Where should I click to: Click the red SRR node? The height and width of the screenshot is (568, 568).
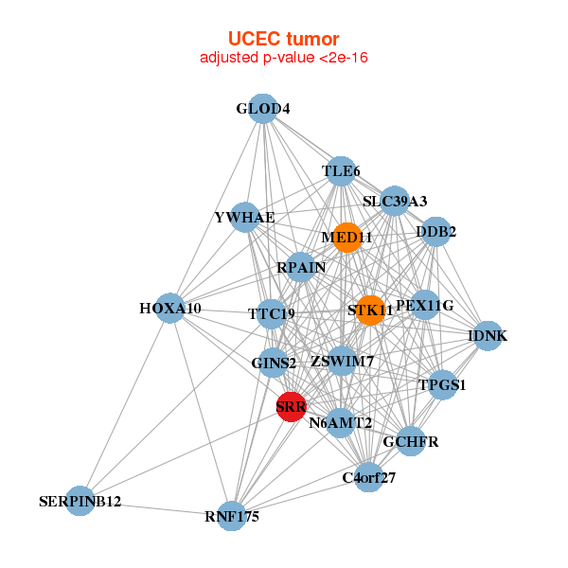click(291, 407)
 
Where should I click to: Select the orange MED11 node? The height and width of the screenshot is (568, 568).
click(347, 237)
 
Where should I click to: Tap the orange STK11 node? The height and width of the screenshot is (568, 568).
click(370, 310)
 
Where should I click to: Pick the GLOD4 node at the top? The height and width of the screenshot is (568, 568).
click(263, 109)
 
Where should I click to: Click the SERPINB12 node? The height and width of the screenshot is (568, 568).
click(80, 501)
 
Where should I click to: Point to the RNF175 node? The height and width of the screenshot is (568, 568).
click(231, 516)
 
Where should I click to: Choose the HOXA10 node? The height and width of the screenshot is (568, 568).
click(170, 309)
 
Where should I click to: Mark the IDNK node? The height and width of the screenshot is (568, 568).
click(488, 336)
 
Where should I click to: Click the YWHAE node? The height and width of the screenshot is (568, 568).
click(245, 218)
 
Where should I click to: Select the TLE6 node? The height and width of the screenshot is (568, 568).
click(341, 171)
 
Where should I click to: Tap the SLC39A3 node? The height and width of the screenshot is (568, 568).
click(395, 201)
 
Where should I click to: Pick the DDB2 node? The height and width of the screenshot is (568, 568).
click(435, 231)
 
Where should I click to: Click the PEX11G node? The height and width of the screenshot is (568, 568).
click(425, 305)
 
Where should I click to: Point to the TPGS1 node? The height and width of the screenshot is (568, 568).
click(442, 385)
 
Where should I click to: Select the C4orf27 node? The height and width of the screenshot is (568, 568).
click(368, 477)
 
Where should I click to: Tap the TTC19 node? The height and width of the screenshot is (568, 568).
click(272, 313)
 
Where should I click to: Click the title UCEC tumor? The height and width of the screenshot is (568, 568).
click(283, 39)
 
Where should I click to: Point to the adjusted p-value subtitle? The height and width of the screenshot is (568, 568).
click(283, 58)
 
